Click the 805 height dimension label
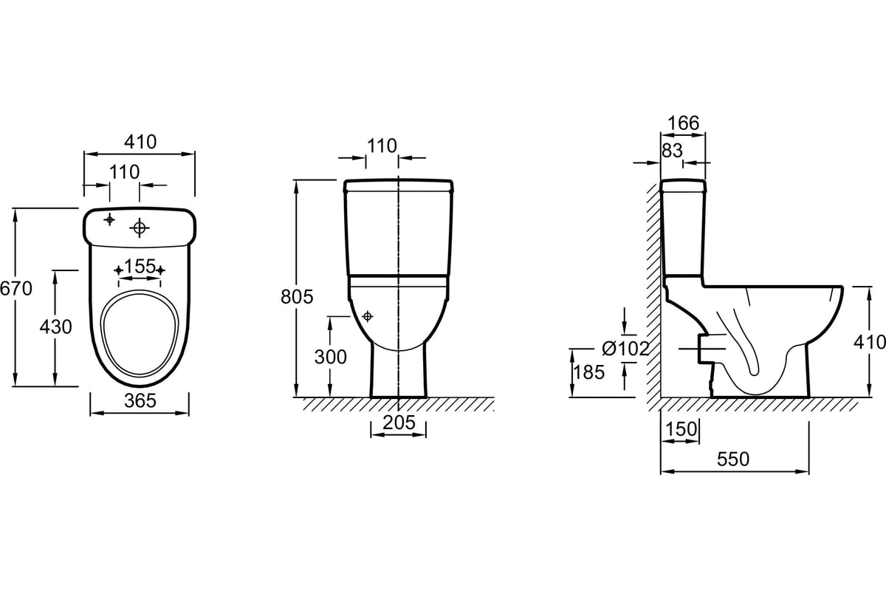(297, 296)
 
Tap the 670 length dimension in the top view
(16, 289)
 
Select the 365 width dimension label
(140, 400)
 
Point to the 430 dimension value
(56, 327)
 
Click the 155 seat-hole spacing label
(140, 267)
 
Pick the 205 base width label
(399, 423)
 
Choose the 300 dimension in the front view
(331, 357)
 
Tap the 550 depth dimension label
(733, 460)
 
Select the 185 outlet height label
(588, 372)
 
